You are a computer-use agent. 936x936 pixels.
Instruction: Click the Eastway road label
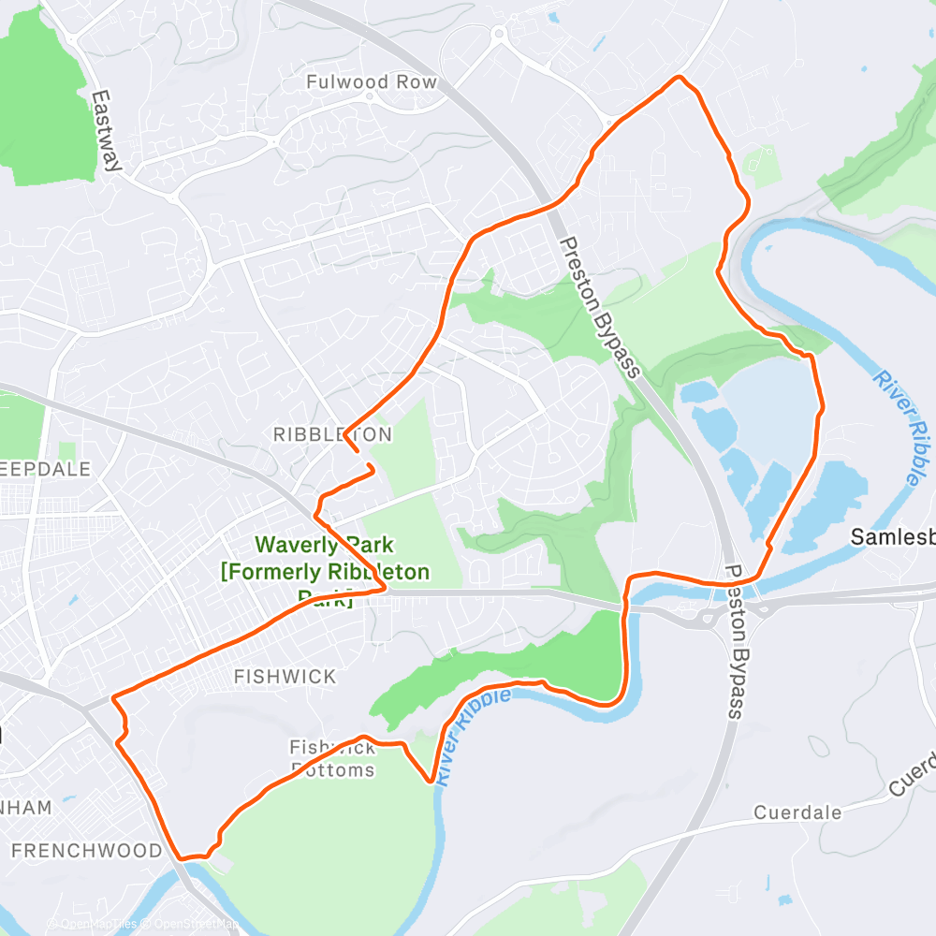pyautogui.click(x=108, y=131)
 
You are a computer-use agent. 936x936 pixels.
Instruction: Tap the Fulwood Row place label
pyautogui.click(x=372, y=82)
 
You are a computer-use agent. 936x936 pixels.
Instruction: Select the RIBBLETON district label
pyautogui.click(x=332, y=434)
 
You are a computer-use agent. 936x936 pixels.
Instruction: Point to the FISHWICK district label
pyautogui.click(x=285, y=676)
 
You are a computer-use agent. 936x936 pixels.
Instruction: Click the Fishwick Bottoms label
pyautogui.click(x=332, y=759)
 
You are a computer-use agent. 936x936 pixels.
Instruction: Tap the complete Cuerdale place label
pyautogui.click(x=797, y=812)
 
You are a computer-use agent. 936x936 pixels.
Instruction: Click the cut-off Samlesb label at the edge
pyautogui.click(x=893, y=537)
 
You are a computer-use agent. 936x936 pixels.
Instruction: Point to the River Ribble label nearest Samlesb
pyautogui.click(x=897, y=427)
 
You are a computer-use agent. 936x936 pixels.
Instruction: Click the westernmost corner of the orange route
pyautogui.click(x=113, y=698)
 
